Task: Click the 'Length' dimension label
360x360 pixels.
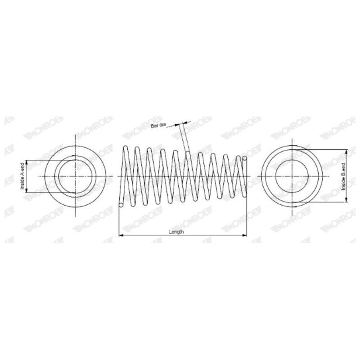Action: point(176,231)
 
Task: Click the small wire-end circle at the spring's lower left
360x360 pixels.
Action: point(121,205)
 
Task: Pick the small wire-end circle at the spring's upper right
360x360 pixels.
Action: point(245,158)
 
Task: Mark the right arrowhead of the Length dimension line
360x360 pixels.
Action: point(244,235)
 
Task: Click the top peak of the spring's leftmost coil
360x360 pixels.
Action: point(125,147)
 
